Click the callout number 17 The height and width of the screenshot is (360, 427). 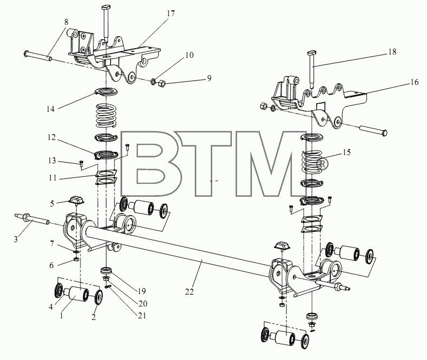[x=171, y=14]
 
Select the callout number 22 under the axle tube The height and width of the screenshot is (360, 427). [x=189, y=292]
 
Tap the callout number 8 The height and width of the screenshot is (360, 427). [x=66, y=22]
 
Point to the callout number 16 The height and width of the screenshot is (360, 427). [x=414, y=82]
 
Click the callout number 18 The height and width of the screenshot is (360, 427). [x=392, y=52]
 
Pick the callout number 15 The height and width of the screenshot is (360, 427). [x=346, y=152]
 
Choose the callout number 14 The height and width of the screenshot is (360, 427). [x=50, y=109]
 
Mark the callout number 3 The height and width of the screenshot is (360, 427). [x=16, y=239]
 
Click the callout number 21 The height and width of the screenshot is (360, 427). [x=142, y=315]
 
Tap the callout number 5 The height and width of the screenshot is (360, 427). [x=52, y=203]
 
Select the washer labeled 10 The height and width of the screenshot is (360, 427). [x=154, y=81]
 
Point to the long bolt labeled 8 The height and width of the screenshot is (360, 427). [x=37, y=55]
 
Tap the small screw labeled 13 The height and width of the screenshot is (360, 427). [x=81, y=163]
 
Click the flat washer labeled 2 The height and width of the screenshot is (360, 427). [x=98, y=297]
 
